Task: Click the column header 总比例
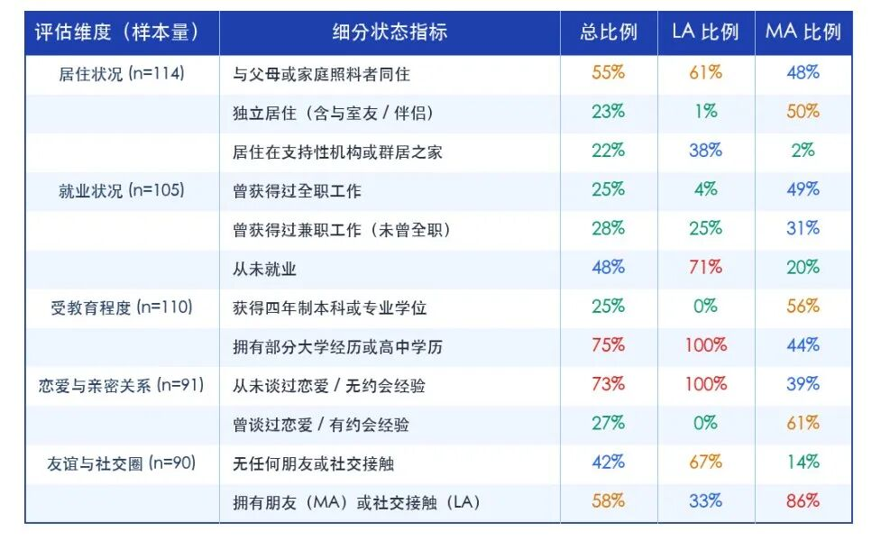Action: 609,32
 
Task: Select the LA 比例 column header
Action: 705,32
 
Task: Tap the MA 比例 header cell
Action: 803,32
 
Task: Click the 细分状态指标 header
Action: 390,32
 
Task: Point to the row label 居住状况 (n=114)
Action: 122,74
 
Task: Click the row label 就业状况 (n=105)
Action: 122,190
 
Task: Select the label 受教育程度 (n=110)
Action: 122,307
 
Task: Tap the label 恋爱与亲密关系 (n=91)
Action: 122,385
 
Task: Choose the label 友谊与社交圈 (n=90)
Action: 122,463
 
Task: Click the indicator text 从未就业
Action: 264,269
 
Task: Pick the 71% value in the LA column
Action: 705,267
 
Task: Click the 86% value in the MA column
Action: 803,500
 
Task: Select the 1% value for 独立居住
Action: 705,111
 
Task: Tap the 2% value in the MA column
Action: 803,150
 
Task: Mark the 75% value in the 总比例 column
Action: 609,344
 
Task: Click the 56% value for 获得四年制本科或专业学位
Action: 803,306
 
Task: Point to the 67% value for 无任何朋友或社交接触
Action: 705,462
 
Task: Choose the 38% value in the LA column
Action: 705,150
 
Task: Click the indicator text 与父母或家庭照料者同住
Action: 321,74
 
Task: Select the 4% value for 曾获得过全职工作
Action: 705,188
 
